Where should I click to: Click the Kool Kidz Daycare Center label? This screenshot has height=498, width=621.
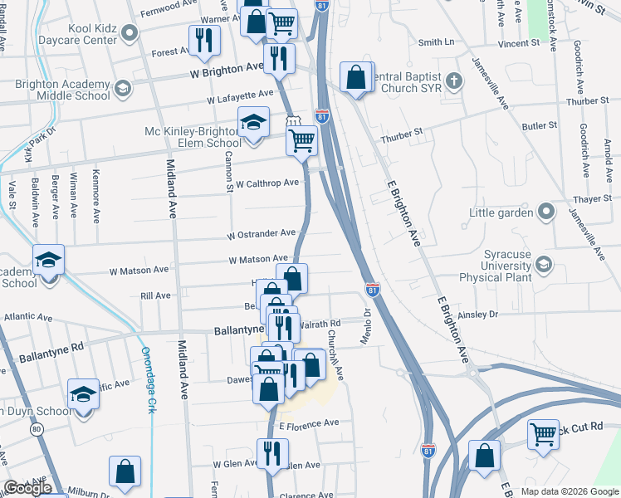tap(58, 33)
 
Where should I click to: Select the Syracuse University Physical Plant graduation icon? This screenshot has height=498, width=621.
tap(544, 264)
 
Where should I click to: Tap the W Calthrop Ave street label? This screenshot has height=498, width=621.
tap(266, 183)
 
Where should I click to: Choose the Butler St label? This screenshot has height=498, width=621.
tap(539, 125)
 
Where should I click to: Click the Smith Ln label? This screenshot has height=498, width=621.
tap(437, 41)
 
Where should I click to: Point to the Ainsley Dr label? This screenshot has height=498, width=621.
tap(477, 315)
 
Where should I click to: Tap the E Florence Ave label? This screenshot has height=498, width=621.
tap(309, 423)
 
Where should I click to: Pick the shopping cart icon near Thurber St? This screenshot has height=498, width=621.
tap(301, 139)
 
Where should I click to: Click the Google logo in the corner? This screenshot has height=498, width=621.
tap(27, 488)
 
